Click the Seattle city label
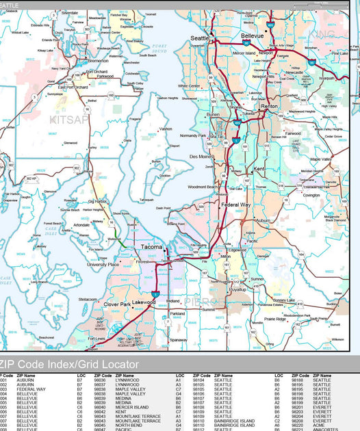coord(199,38)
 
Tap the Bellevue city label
coord(252,35)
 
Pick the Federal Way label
coord(235,205)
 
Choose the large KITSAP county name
coord(69,120)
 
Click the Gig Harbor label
coord(98,201)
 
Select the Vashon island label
coord(166,129)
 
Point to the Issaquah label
coord(327,78)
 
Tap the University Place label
coord(103,264)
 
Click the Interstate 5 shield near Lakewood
coord(156,293)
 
